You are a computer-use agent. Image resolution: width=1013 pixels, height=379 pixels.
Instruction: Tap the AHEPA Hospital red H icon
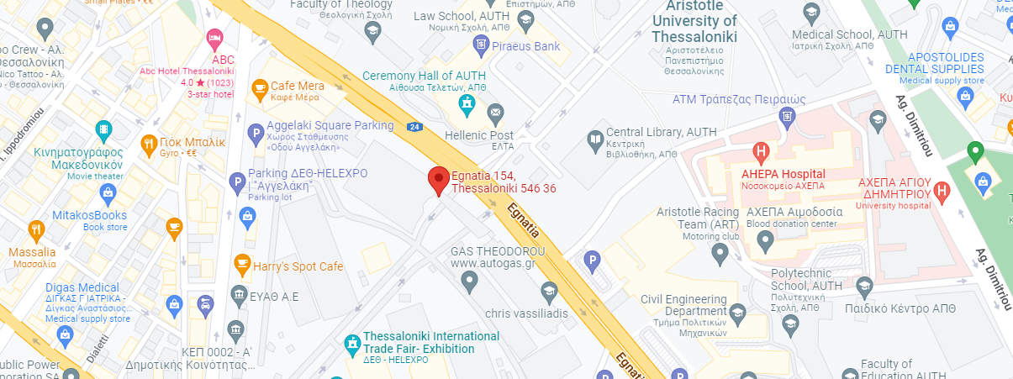(x=761, y=154)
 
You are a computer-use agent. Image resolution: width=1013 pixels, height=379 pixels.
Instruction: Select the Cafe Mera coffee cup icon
(x=259, y=87)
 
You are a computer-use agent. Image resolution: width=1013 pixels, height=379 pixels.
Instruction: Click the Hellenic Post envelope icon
(x=495, y=112)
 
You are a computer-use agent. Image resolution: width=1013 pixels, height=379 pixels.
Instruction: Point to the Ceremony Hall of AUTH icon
(x=466, y=104)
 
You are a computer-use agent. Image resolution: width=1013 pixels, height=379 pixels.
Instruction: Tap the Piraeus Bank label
(x=525, y=45)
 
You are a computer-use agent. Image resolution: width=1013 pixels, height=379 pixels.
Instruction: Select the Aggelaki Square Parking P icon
(x=256, y=133)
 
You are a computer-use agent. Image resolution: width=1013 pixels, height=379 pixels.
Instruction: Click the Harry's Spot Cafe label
(x=298, y=266)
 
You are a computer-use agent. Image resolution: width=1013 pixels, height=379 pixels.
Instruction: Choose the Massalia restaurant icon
(x=35, y=229)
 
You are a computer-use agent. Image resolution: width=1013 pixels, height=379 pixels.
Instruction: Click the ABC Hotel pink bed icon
(x=215, y=38)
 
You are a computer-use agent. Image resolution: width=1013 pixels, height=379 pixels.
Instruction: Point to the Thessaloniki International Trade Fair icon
(x=353, y=344)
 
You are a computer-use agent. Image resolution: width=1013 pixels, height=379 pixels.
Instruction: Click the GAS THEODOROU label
(x=498, y=251)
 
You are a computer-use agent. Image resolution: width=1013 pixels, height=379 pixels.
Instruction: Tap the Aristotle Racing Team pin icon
(x=720, y=251)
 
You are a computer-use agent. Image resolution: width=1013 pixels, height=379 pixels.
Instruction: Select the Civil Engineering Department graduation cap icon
(x=736, y=313)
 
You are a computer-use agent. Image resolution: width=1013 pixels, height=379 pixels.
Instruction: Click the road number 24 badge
(x=414, y=128)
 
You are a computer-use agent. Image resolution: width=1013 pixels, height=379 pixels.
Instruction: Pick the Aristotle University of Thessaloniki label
(x=694, y=22)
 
